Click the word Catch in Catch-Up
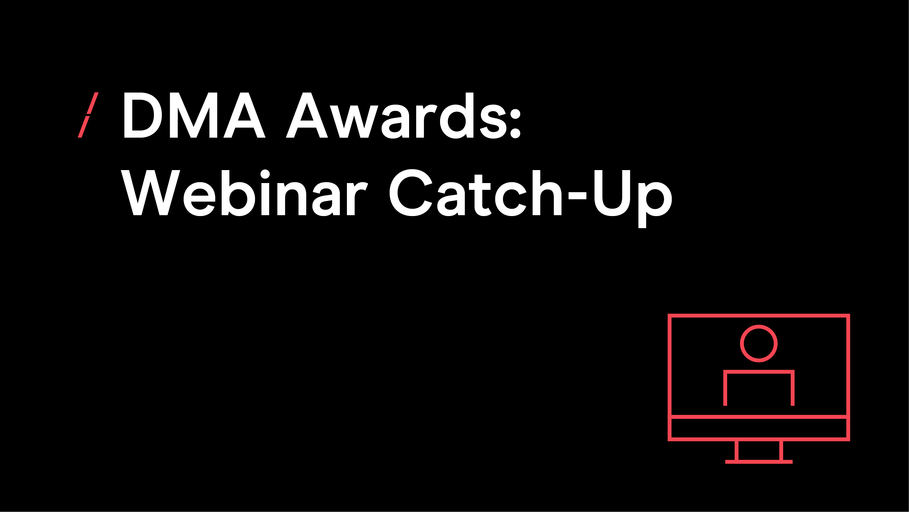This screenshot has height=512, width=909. pyautogui.click(x=475, y=193)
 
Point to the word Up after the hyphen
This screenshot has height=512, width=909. pyautogui.click(x=633, y=199)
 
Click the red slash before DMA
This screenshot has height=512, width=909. pyautogui.click(x=88, y=115)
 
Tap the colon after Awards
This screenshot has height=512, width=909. pyautogui.click(x=515, y=124)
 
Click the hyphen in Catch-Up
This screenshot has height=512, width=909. pyautogui.click(x=577, y=196)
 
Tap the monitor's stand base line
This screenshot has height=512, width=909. pyautogui.click(x=759, y=462)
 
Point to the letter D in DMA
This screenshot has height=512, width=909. pyautogui.click(x=143, y=115)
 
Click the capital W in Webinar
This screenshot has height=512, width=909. pyautogui.click(x=150, y=193)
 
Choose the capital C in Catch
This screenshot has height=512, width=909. pyautogui.click(x=411, y=193)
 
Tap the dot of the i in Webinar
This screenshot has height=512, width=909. pyautogui.click(x=265, y=174)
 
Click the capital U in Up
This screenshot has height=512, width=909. pyautogui.click(x=612, y=193)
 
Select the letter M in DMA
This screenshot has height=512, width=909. pyautogui.click(x=193, y=115)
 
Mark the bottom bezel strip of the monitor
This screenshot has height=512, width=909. pyautogui.click(x=759, y=428)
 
